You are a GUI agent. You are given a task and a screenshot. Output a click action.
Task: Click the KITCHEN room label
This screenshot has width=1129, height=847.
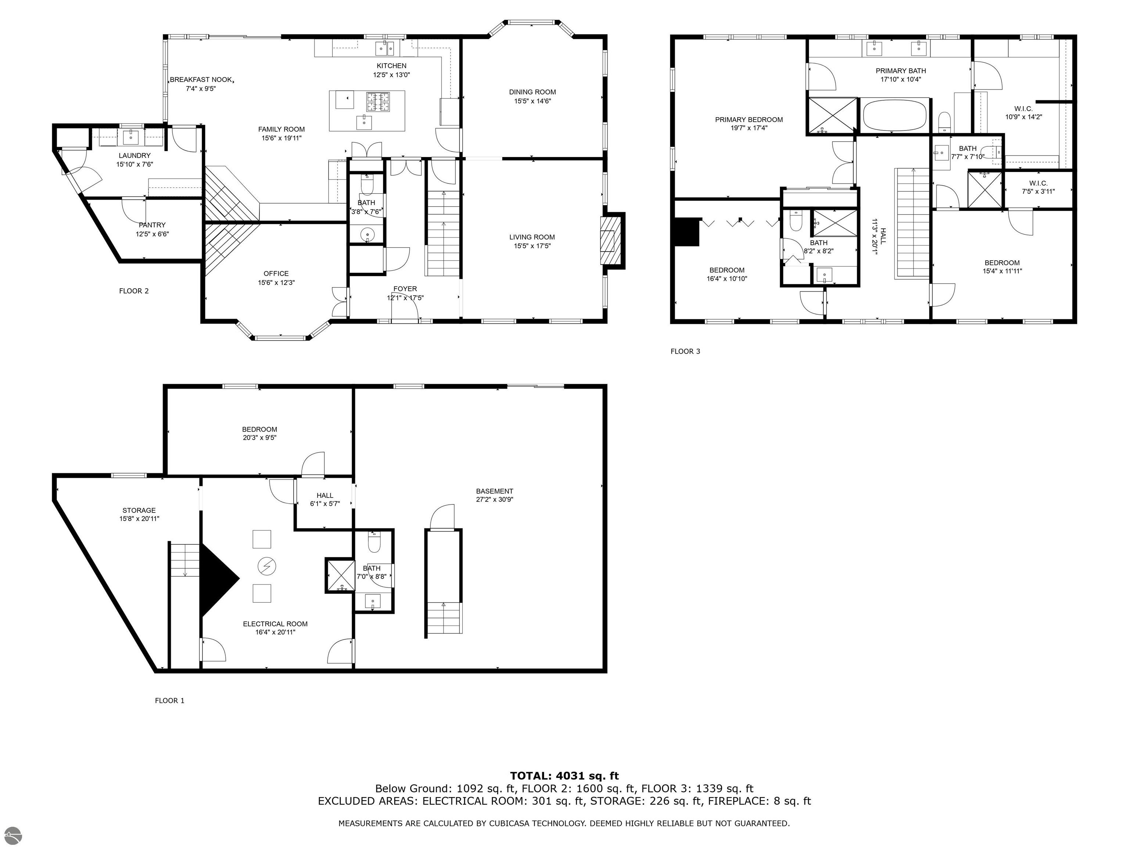391,66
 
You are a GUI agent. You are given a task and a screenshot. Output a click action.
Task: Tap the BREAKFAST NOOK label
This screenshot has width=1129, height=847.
201,80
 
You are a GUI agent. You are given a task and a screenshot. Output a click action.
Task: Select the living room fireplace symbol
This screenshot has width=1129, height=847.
608,240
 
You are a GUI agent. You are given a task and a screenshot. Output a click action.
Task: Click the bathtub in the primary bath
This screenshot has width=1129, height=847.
894,115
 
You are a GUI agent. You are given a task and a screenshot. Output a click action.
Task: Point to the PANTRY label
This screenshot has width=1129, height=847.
152,225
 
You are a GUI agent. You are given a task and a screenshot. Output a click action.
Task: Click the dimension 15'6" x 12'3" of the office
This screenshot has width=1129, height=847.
276,282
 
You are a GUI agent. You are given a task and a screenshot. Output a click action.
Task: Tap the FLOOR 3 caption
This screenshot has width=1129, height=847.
685,351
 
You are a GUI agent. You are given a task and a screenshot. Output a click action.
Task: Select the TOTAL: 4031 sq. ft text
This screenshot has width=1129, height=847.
564,776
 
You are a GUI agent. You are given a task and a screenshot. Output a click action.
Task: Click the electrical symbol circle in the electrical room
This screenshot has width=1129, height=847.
266,566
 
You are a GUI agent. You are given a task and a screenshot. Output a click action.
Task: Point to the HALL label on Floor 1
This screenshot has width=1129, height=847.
325,495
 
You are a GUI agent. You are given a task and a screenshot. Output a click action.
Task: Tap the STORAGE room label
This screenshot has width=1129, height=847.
139,510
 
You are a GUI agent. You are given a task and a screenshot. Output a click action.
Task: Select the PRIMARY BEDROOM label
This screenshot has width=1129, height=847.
748,119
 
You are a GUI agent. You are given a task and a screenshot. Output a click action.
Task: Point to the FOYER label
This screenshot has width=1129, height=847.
405,289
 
